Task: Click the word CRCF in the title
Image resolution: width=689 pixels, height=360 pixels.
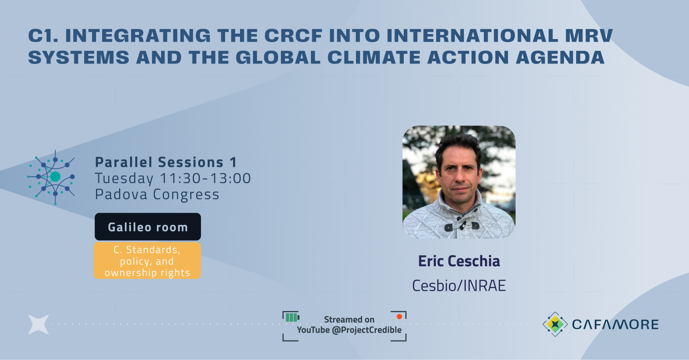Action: click(294, 36)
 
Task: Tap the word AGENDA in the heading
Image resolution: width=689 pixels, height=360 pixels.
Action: click(560, 58)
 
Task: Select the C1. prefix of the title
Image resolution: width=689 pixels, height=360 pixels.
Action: click(43, 36)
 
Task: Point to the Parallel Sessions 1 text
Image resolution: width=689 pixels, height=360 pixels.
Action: click(166, 162)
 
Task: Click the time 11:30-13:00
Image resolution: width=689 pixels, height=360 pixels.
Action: click(205, 178)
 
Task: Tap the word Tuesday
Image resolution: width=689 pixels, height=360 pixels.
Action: click(124, 179)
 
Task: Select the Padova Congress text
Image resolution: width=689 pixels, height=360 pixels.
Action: click(157, 194)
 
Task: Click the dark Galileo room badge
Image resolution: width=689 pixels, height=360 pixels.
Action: click(148, 227)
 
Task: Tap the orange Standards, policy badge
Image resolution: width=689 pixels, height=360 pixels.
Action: click(147, 261)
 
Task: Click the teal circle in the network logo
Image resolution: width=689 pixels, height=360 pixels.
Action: click(56, 176)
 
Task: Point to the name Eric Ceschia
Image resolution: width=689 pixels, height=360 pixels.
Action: click(459, 261)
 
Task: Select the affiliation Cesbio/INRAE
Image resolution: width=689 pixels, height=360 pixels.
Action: click(459, 286)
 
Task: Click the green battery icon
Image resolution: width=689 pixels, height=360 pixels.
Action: click(292, 317)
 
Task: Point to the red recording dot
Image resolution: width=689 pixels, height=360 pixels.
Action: click(399, 316)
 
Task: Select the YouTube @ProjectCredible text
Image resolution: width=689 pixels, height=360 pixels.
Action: click(349, 330)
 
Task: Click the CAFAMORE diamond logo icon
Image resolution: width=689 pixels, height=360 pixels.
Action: click(555, 324)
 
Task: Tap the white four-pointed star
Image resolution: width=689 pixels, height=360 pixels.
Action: click(39, 324)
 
